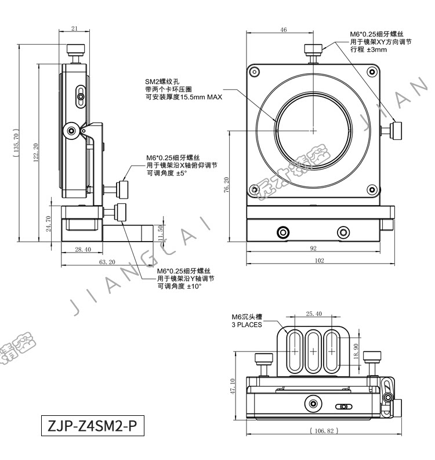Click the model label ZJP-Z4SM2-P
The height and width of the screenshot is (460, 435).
(x=92, y=425)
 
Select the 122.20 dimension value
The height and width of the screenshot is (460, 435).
(x=36, y=152)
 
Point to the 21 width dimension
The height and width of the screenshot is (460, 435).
(x=74, y=28)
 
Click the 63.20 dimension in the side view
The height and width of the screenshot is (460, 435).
(x=107, y=262)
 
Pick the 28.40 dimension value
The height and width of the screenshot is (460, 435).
(x=83, y=249)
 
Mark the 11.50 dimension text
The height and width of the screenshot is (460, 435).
(x=160, y=233)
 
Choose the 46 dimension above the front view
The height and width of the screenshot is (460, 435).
(x=283, y=30)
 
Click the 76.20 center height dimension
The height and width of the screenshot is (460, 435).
(x=226, y=185)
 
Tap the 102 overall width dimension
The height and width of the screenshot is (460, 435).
(x=320, y=260)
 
